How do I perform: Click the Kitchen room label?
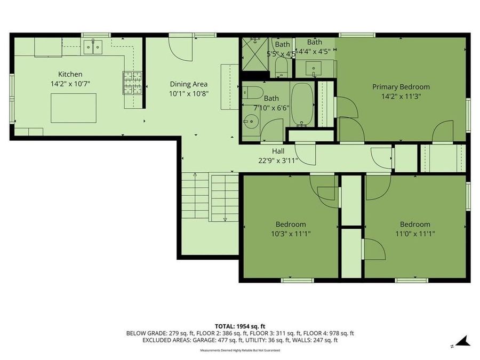pyautogui.click(x=70, y=74)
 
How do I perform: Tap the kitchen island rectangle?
pyautogui.click(x=74, y=107)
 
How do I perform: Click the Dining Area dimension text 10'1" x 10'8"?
pyautogui.click(x=188, y=93)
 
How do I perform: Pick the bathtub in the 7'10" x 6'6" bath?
pyautogui.click(x=302, y=105)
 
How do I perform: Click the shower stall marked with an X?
pyautogui.click(x=254, y=53)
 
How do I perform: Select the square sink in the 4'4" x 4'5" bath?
pyautogui.click(x=312, y=68)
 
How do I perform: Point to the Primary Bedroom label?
pyautogui.click(x=401, y=86)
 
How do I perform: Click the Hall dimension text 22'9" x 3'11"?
pyautogui.click(x=277, y=160)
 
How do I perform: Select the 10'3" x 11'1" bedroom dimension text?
pyautogui.click(x=290, y=233)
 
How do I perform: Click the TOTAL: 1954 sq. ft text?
pyautogui.click(x=239, y=325)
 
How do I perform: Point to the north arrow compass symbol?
pyautogui.click(x=461, y=341)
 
